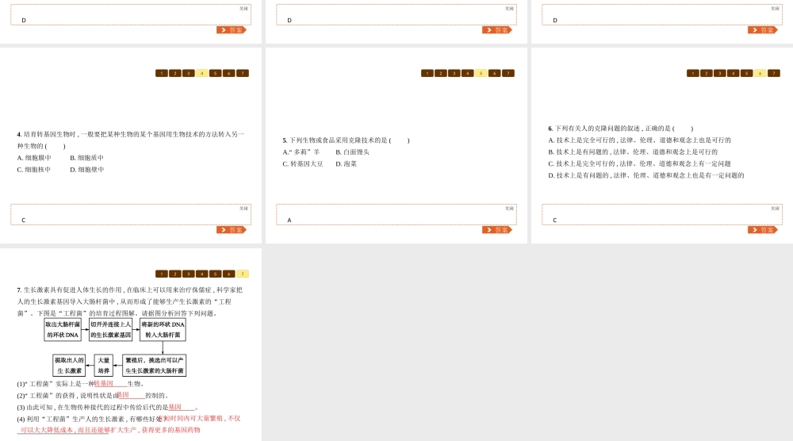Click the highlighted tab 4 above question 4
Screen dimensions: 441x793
(x=201, y=73)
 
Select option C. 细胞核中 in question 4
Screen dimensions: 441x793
(x=34, y=170)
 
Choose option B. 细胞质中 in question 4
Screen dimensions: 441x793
(x=86, y=158)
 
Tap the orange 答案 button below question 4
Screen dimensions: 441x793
(x=231, y=230)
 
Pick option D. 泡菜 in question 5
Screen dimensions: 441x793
(x=346, y=164)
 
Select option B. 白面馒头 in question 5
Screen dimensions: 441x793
(x=352, y=152)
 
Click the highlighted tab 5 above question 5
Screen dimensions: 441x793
(x=481, y=73)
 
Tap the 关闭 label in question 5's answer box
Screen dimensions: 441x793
(x=509, y=209)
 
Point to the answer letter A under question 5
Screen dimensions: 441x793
(x=289, y=220)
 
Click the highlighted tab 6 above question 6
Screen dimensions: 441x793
(x=760, y=73)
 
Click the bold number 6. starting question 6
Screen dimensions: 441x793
(x=550, y=128)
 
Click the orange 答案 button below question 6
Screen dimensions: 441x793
(x=762, y=230)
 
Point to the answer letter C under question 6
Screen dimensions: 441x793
(x=555, y=220)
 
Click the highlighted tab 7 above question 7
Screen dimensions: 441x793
(x=242, y=274)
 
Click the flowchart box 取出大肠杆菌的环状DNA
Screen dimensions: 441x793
(x=63, y=330)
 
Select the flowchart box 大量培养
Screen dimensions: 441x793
(x=104, y=366)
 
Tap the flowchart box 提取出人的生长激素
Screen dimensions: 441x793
(x=69, y=366)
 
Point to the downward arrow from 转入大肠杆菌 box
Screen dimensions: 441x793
(x=163, y=347)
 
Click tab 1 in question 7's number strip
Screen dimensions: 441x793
(x=161, y=274)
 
